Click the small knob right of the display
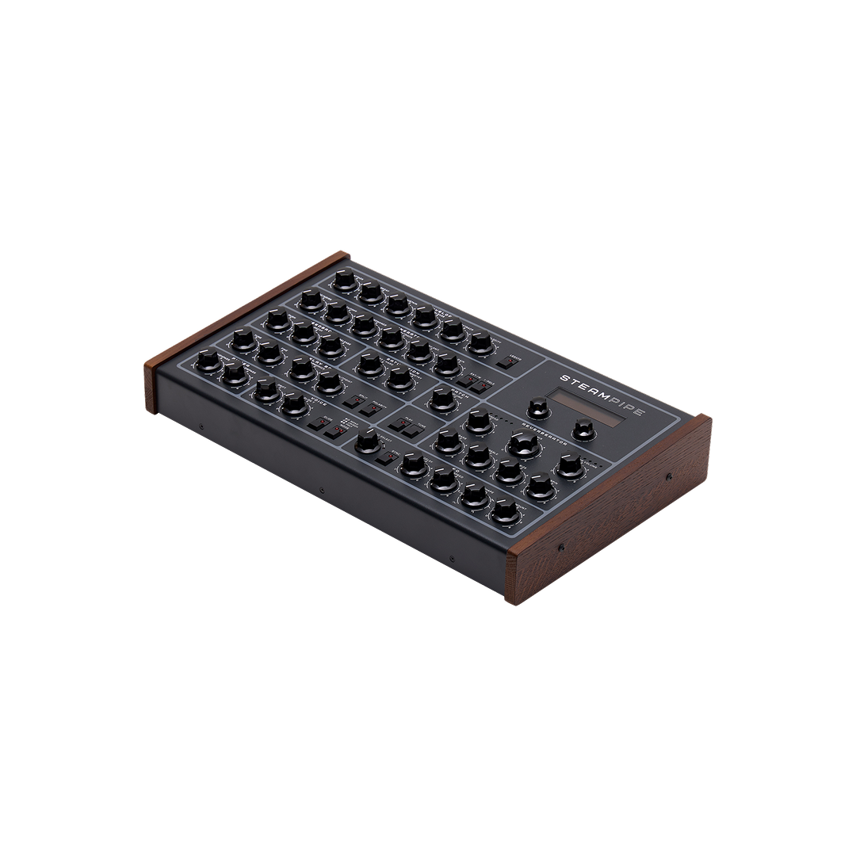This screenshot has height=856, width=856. click(583, 429)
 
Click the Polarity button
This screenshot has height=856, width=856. click(475, 384)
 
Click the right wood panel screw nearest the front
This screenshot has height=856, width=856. click(561, 548)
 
